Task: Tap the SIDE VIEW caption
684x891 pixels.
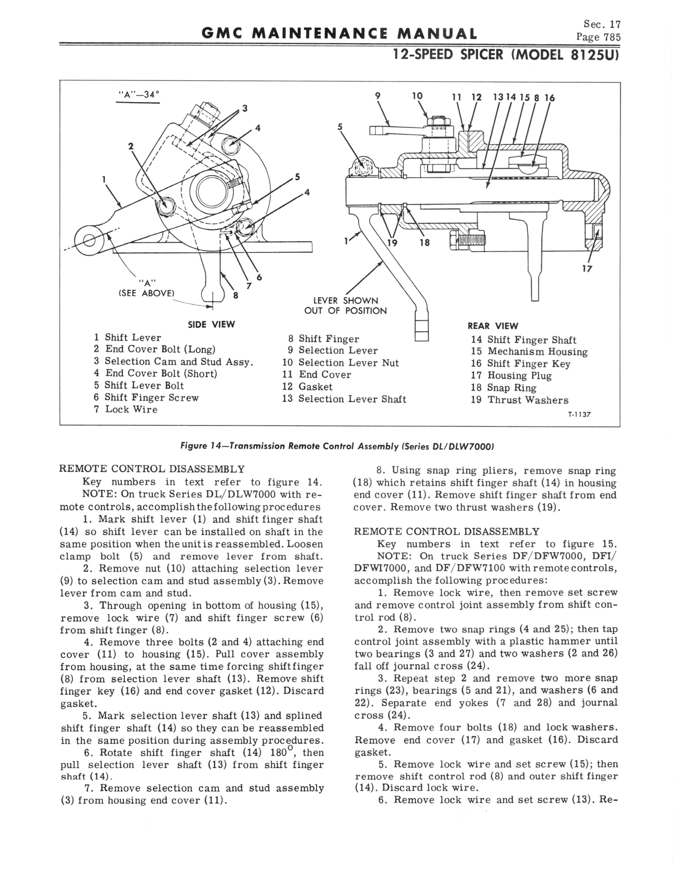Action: tap(211, 325)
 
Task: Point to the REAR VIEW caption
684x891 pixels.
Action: tap(493, 326)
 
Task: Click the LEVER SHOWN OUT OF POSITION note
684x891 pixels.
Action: tap(345, 306)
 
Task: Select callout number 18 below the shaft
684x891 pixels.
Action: tap(425, 243)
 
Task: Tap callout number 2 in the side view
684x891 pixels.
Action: tap(131, 146)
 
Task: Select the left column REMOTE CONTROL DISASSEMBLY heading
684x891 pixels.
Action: tap(152, 469)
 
